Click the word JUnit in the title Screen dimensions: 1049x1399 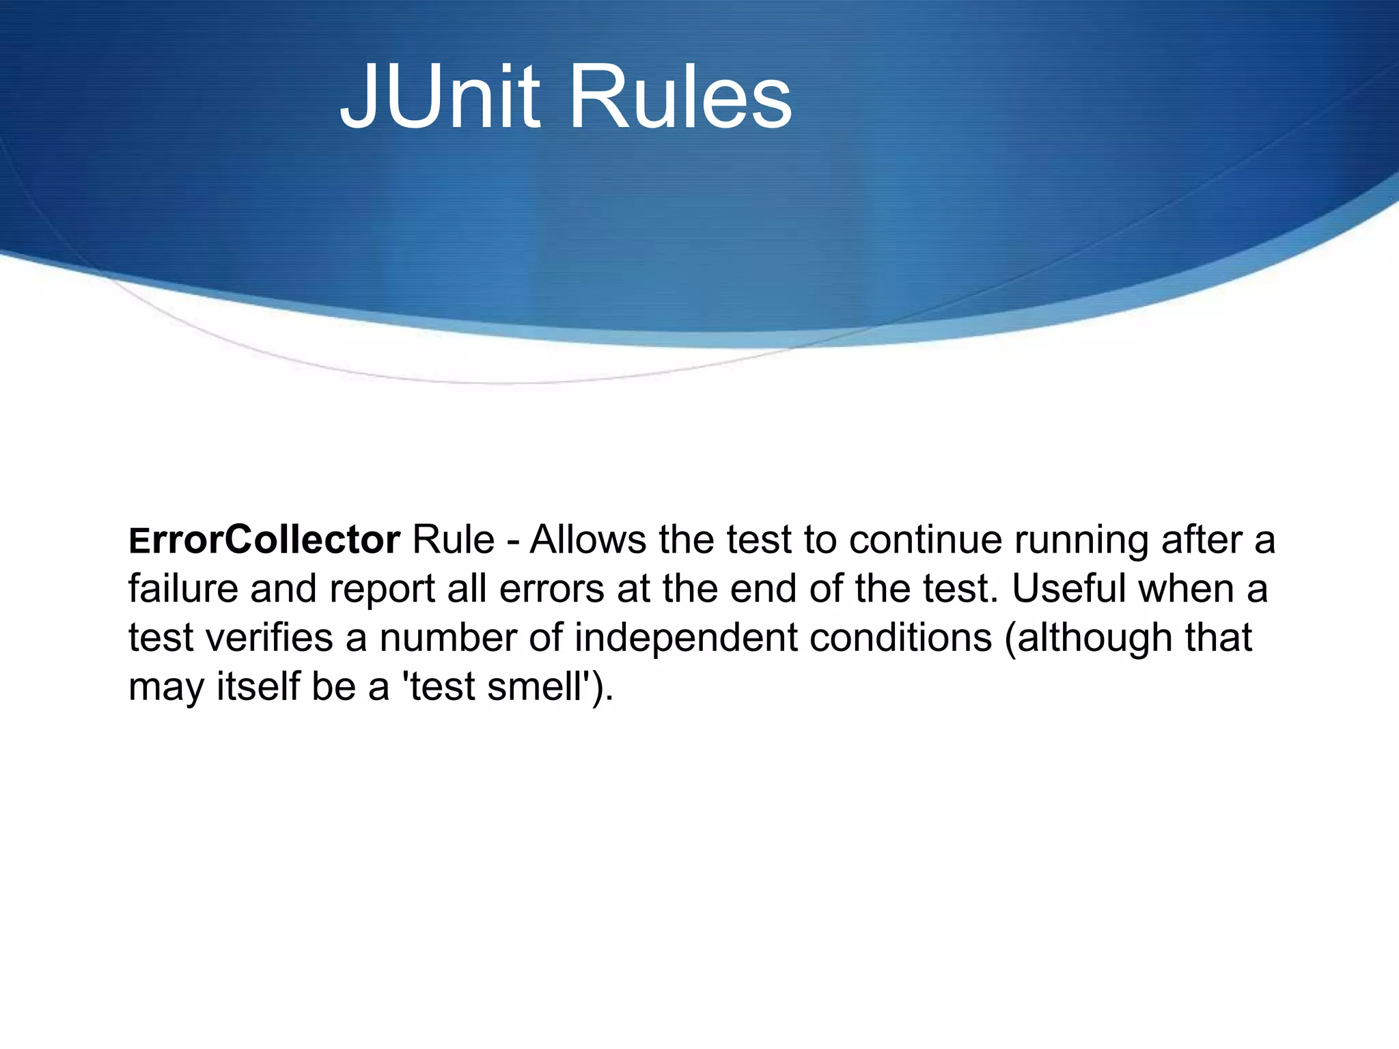(x=440, y=97)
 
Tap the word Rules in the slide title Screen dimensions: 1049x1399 (x=680, y=97)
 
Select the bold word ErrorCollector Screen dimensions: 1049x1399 (x=264, y=540)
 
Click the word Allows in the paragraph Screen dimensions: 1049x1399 (x=588, y=540)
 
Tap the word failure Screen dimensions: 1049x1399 (x=184, y=589)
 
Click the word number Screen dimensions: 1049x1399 (x=447, y=638)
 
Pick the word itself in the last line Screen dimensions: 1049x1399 (x=258, y=686)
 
